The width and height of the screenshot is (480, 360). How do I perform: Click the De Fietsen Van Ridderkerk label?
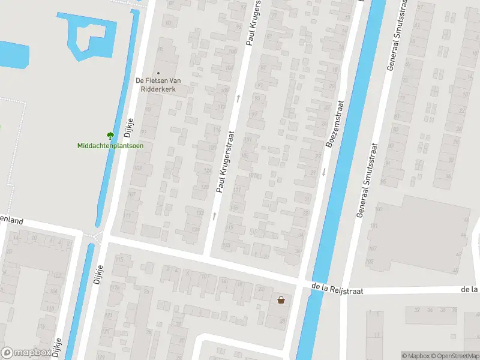(157, 84)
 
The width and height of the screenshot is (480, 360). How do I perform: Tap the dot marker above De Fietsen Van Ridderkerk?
(158, 73)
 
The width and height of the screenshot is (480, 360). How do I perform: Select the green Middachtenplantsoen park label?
(110, 145)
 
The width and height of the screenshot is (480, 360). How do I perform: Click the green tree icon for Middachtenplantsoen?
(110, 136)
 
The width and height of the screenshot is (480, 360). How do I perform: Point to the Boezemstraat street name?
(334, 124)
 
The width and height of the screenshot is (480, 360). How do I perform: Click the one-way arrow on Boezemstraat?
(323, 172)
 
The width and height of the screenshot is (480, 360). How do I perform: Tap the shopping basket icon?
(281, 300)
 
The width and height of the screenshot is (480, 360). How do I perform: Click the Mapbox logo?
(25, 353)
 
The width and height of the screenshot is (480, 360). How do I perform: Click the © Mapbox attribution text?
(415, 356)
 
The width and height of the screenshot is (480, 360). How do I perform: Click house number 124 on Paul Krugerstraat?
(208, 172)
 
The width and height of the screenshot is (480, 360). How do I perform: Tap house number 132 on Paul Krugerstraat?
(200, 212)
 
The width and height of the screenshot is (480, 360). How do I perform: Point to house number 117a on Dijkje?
(116, 287)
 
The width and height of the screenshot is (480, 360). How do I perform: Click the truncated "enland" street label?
(11, 221)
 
